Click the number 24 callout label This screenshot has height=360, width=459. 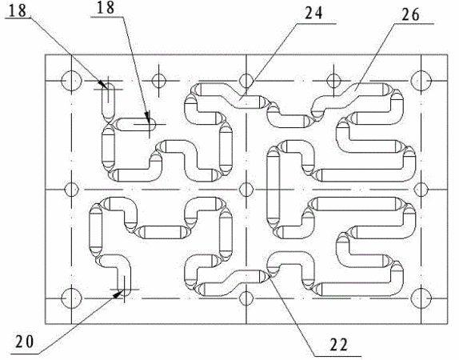pyautogui.click(x=313, y=13)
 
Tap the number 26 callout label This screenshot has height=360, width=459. pyautogui.click(x=410, y=14)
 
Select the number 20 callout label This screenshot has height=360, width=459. pyautogui.click(x=25, y=342)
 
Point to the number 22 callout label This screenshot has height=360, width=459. pyautogui.click(x=339, y=345)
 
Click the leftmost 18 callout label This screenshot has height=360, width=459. pyautogui.click(x=18, y=10)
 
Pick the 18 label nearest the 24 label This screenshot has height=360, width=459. pyautogui.click(x=106, y=8)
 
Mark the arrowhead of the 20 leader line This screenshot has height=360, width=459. pyautogui.click(x=118, y=294)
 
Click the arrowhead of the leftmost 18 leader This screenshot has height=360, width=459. pyautogui.click(x=103, y=84)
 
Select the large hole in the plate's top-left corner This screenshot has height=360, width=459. pyautogui.click(x=71, y=81)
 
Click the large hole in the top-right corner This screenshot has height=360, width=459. pyautogui.click(x=421, y=81)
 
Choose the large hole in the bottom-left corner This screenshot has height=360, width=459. pyautogui.click(x=71, y=298)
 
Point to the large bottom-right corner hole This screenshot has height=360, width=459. pyautogui.click(x=421, y=298)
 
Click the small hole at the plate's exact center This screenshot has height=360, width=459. pyautogui.click(x=246, y=190)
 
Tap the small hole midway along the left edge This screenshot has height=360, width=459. pyautogui.click(x=71, y=190)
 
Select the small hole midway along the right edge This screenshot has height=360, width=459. pyautogui.click(x=421, y=190)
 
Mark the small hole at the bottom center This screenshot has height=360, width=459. pyautogui.click(x=246, y=298)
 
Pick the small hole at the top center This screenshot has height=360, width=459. pyautogui.click(x=246, y=81)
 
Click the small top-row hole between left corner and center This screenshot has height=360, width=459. pyautogui.click(x=159, y=81)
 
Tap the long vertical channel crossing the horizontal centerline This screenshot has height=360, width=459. pyautogui.click(x=273, y=190)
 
